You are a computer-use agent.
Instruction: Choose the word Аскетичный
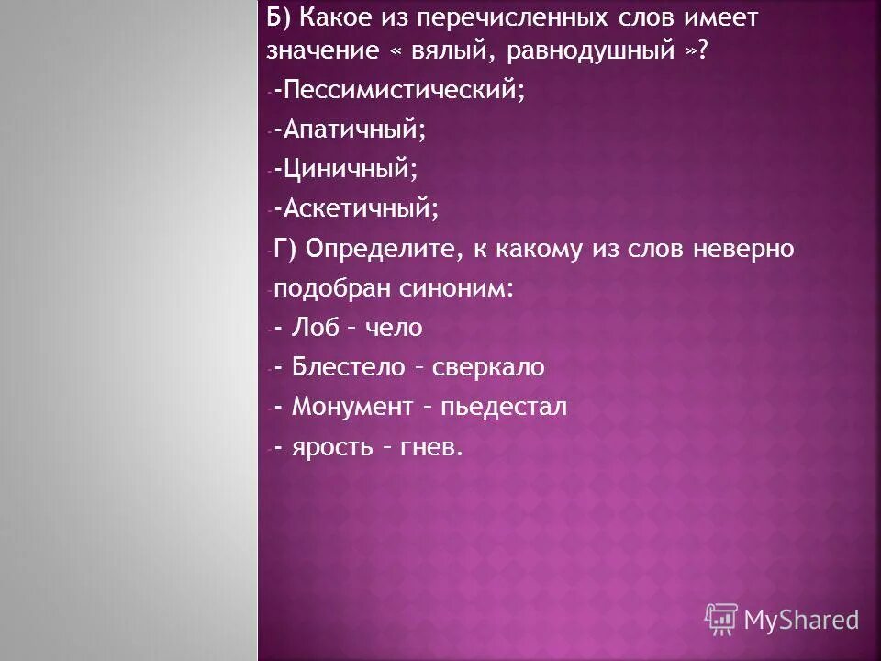tap(362, 210)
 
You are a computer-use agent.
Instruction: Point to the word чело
tap(395, 328)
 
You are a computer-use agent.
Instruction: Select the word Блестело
tap(349, 367)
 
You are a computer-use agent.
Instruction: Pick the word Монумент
tap(352, 407)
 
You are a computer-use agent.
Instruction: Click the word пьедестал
tap(504, 407)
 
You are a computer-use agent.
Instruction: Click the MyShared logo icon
tap(720, 620)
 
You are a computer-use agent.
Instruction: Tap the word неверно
tap(744, 249)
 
